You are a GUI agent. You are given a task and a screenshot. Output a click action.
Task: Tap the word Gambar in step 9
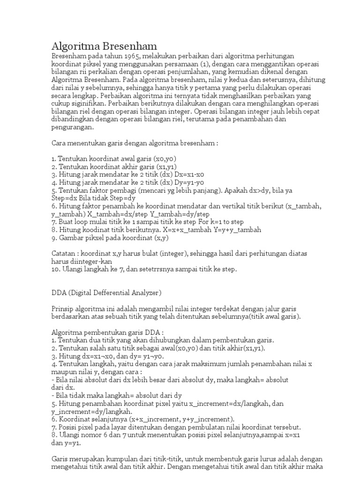tap(71, 238)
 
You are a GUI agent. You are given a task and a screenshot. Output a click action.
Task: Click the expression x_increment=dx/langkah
tap(224, 403)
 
